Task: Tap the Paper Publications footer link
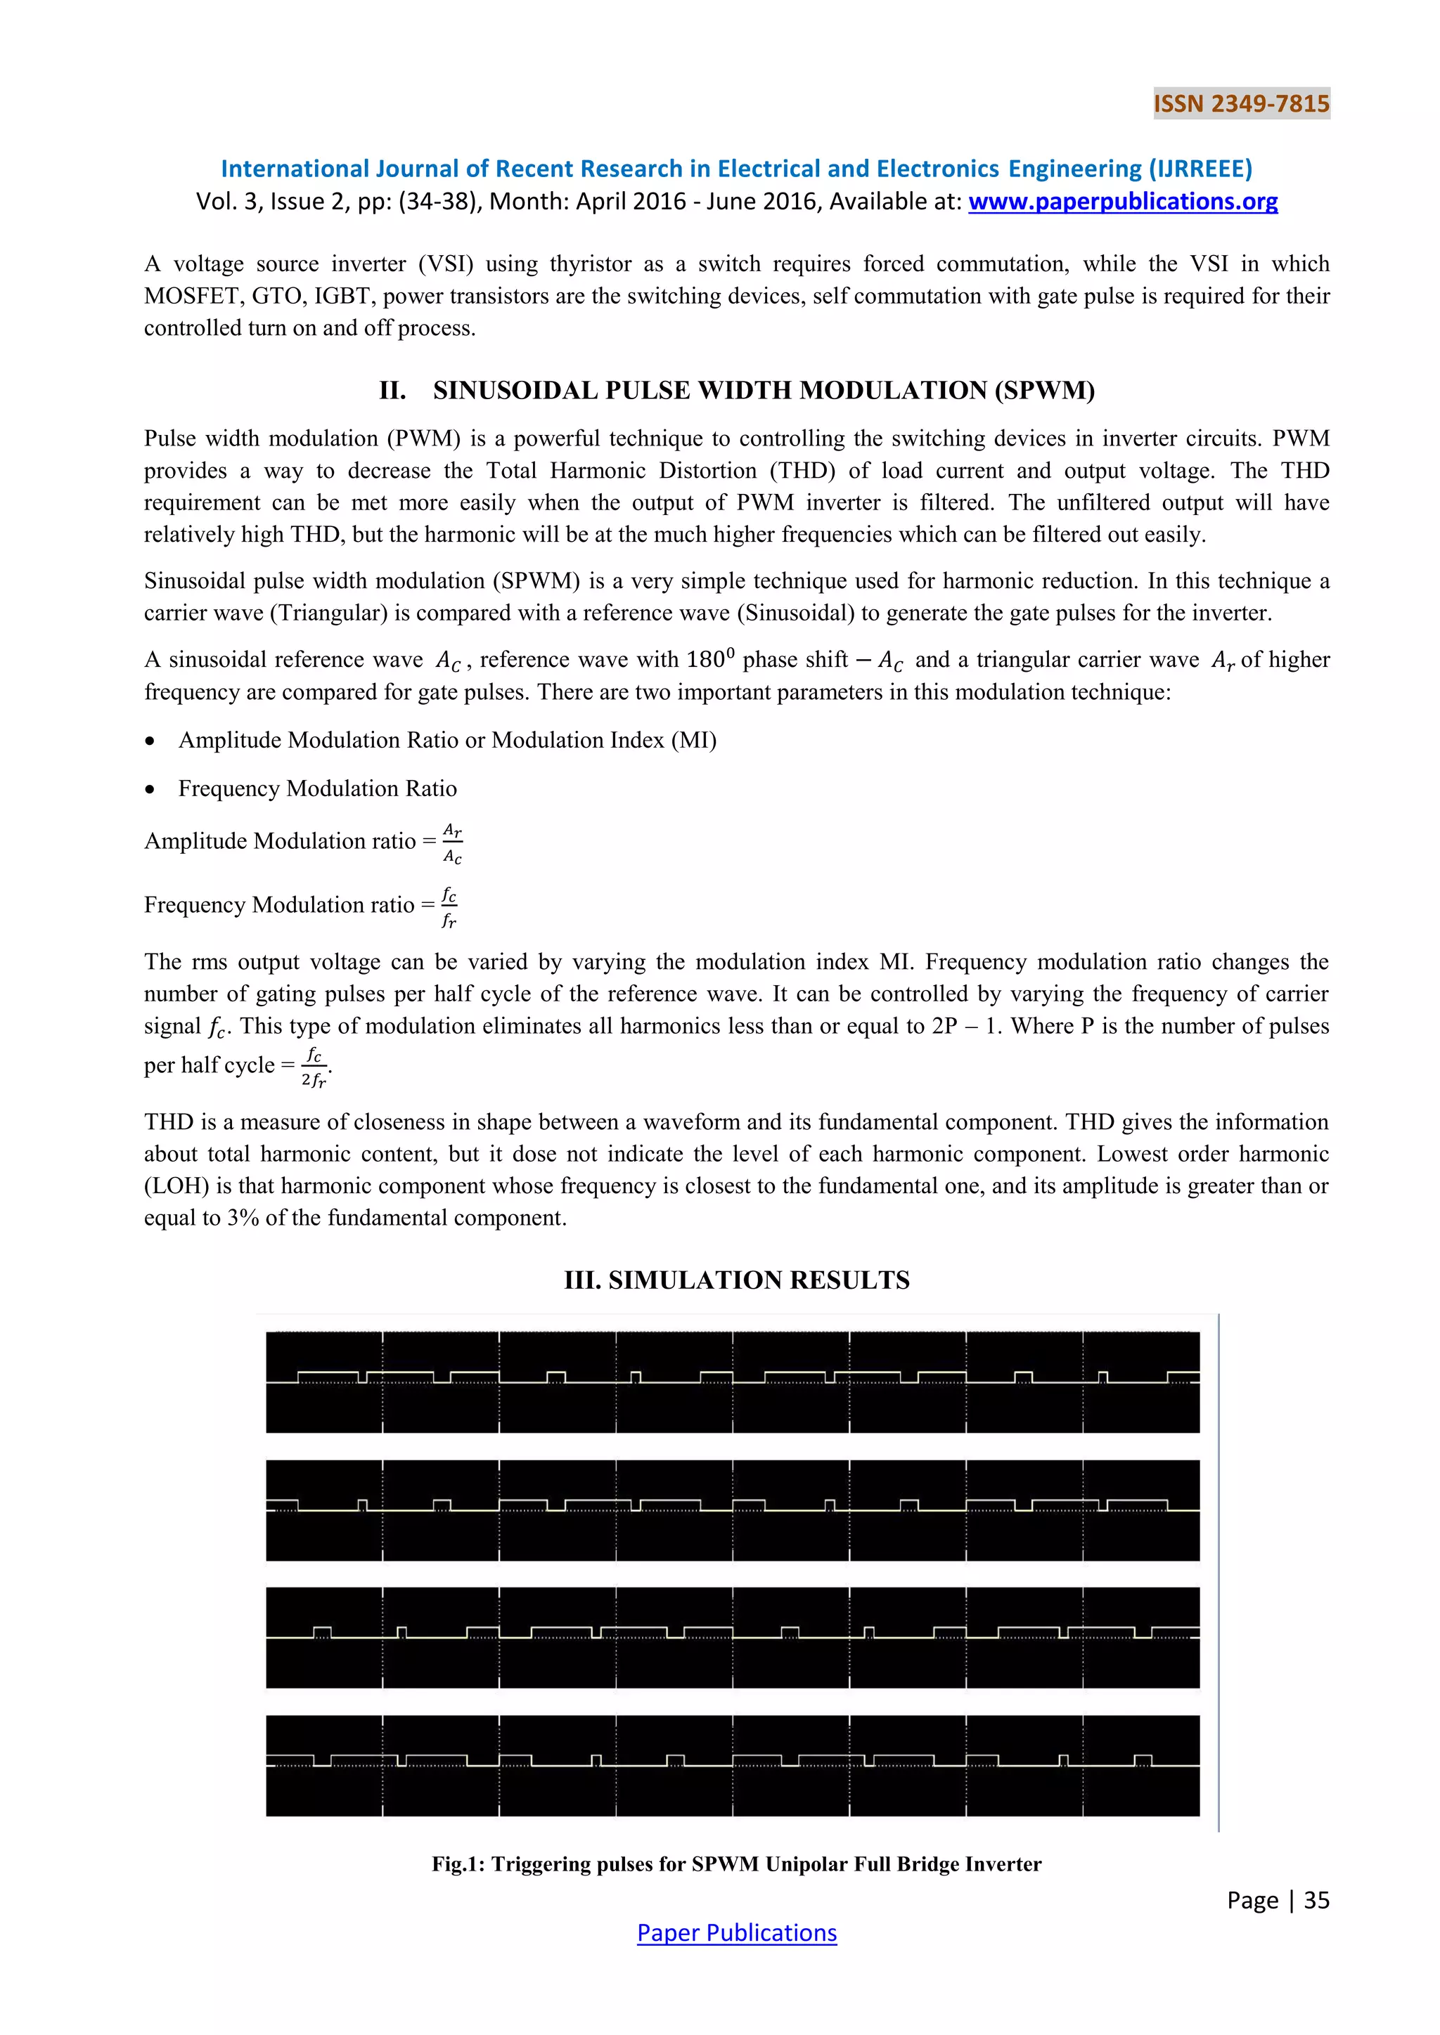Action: click(x=736, y=1932)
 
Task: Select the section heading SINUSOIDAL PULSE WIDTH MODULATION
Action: click(x=763, y=390)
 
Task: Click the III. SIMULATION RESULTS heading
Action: click(x=736, y=1280)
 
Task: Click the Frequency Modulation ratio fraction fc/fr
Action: click(x=449, y=906)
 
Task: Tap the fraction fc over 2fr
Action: click(x=314, y=1066)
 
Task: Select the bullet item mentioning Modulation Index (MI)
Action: click(x=447, y=739)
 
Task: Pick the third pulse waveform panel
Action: click(x=733, y=1637)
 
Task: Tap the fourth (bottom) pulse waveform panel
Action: click(x=733, y=1766)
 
